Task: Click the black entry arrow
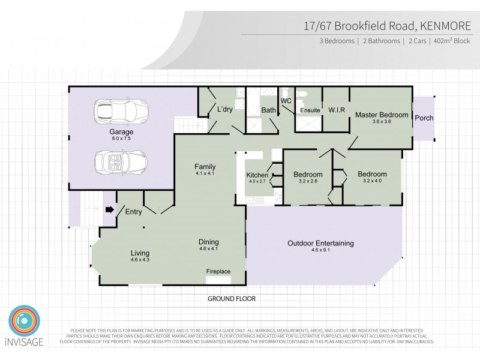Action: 109,210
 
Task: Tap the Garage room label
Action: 121,131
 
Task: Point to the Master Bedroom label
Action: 382,115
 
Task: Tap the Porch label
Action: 424,118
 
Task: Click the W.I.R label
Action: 335,110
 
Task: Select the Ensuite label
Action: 310,111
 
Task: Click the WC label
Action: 286,101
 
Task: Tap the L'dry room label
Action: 225,110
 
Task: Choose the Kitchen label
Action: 257,175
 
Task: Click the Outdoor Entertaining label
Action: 320,244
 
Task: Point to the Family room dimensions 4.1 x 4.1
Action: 205,173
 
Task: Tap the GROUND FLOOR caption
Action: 232,298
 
